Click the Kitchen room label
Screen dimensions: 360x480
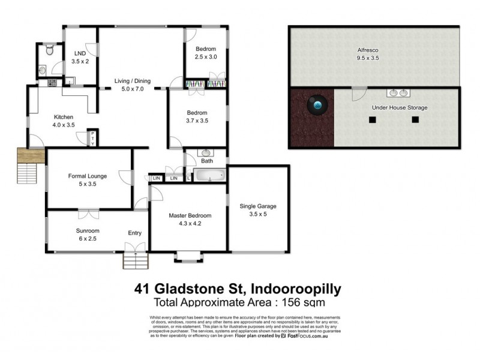coord(64,117)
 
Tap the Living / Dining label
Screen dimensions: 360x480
coord(133,81)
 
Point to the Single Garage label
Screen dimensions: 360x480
coord(258,206)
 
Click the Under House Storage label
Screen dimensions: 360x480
coord(400,107)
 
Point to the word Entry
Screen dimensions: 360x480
coord(135,233)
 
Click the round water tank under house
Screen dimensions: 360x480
coord(317,106)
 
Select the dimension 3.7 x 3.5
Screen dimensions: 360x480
coord(197,121)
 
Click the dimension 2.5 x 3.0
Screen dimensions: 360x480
coord(205,57)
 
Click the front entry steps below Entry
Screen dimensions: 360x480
coord(136,260)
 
